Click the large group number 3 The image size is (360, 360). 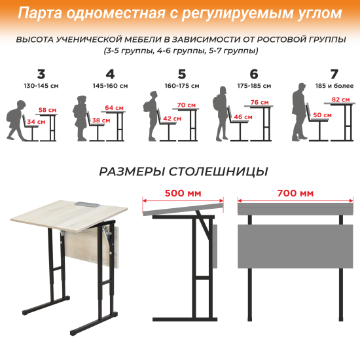41,73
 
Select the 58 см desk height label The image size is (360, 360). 46,110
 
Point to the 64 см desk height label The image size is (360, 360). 114,107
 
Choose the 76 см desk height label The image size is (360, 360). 259,102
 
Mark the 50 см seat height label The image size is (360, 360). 322,115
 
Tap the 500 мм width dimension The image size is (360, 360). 184,193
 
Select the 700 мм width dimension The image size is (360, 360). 295,193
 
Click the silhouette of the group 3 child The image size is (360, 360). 14,122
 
